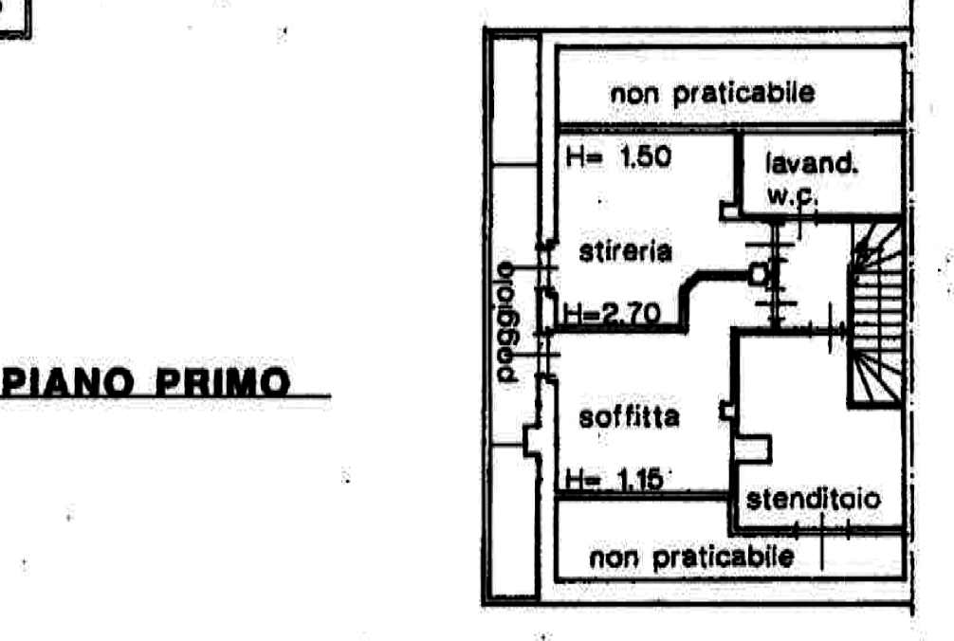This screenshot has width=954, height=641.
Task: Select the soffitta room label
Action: [x=629, y=417]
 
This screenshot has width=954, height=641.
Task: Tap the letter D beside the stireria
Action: [x=760, y=274]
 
